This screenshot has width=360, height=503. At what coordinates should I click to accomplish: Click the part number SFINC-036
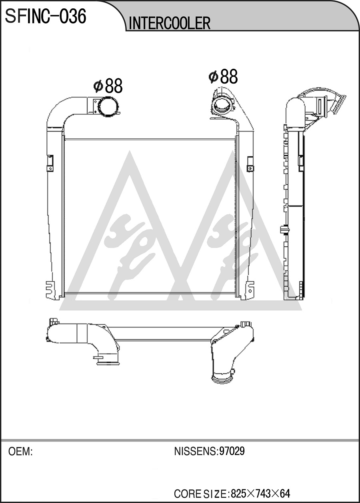[46, 16]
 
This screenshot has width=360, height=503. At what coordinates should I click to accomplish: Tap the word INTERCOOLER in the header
[170, 23]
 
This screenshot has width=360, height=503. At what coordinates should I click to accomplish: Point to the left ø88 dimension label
[108, 86]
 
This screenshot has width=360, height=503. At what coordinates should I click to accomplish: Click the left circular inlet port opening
[108, 107]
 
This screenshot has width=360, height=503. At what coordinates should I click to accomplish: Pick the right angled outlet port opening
[222, 105]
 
